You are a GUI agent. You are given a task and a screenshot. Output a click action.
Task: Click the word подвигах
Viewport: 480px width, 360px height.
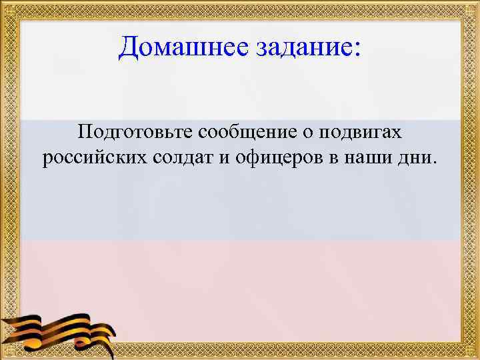(x=361, y=133)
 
